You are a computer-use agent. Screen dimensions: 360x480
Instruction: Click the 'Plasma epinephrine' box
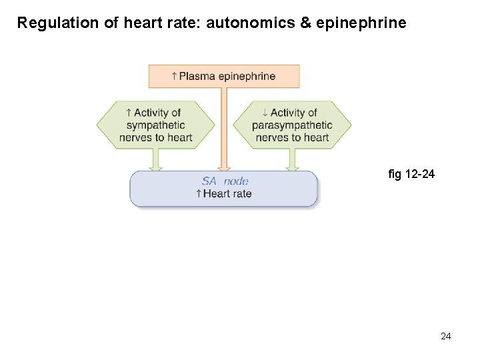tap(224, 76)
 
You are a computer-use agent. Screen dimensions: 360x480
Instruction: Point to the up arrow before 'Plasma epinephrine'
tap(175, 76)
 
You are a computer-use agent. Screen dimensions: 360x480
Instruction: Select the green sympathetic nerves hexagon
tap(156, 125)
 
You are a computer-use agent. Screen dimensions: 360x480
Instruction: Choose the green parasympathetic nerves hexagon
tap(292, 125)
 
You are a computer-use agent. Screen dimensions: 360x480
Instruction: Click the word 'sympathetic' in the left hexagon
tap(155, 125)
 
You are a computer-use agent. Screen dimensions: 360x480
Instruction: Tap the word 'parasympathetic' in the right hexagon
tap(292, 125)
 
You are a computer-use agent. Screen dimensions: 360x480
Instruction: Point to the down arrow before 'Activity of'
tap(265, 113)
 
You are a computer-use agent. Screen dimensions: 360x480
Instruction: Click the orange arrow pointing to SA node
tap(224, 133)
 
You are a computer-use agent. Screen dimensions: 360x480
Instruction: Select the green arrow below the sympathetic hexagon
tap(156, 160)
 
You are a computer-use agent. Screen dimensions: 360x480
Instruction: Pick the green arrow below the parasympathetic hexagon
tap(292, 160)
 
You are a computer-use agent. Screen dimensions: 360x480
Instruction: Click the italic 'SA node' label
tap(225, 181)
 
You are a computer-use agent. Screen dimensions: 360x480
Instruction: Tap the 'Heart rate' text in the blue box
tap(227, 194)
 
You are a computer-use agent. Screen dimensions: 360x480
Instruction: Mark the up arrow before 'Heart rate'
tap(199, 194)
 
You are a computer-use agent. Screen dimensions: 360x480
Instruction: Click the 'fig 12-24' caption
tap(411, 175)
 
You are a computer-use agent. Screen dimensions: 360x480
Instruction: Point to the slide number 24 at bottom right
tap(446, 336)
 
